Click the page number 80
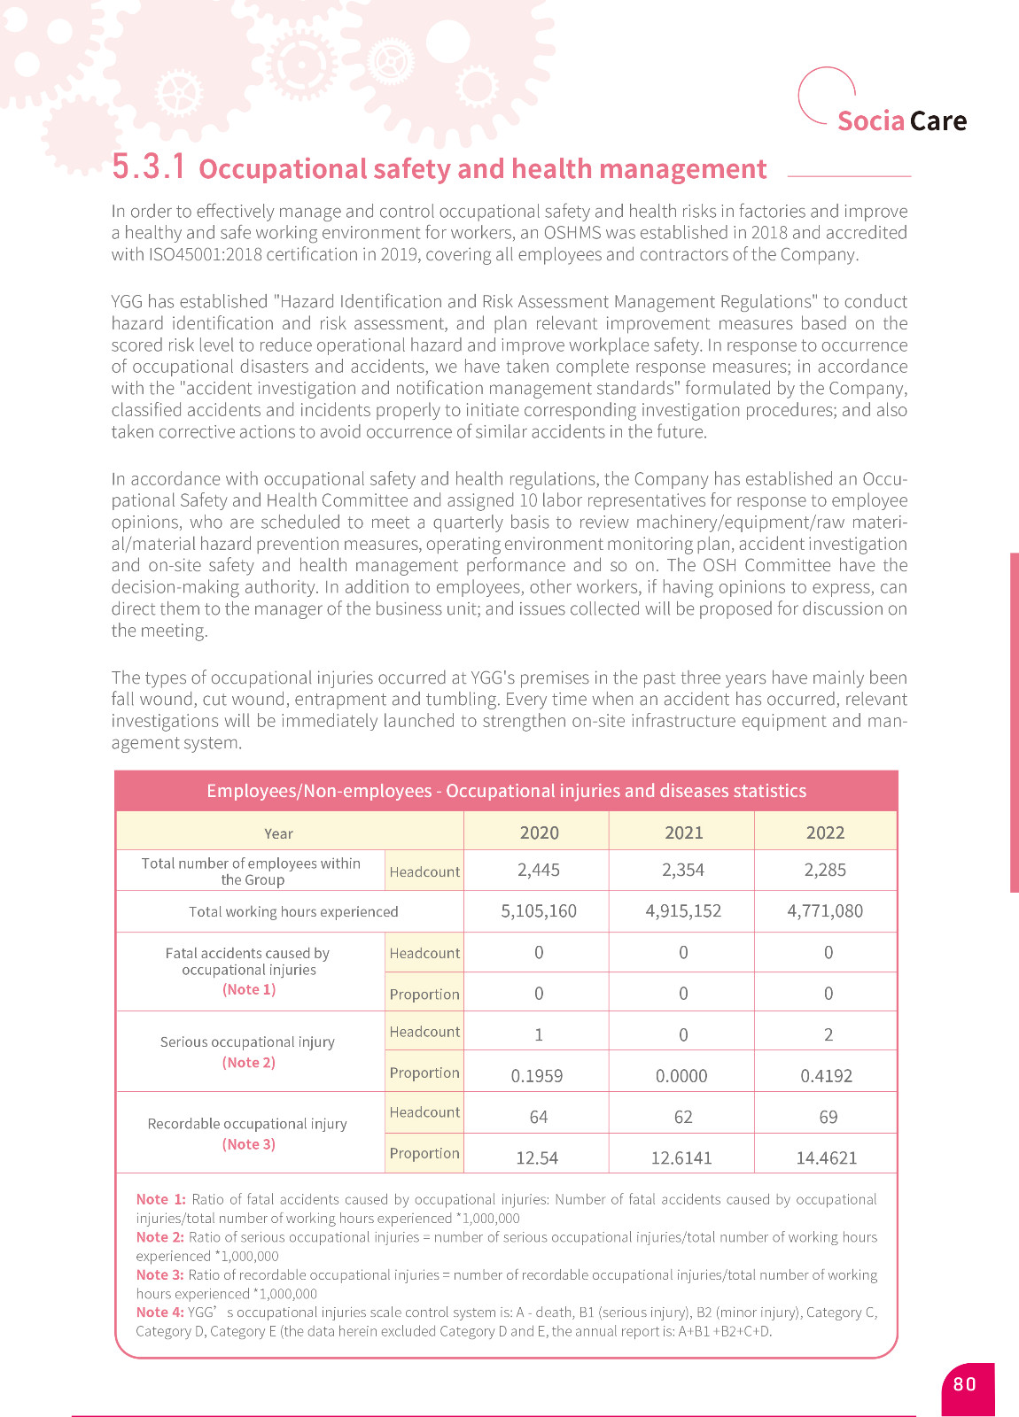pos(965,1384)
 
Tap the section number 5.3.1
pos(149,166)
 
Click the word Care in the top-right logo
pos(938,120)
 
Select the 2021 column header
pos(683,832)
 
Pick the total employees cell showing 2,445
pos(539,870)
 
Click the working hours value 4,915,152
pos(683,910)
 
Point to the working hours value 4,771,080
pos(825,910)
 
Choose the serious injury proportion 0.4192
pos(826,1075)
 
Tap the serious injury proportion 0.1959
pos(537,1075)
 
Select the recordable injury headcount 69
pos(828,1117)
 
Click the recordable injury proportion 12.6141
pos(681,1158)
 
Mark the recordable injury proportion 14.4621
pos(826,1158)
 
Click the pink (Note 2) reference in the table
pos(249,1062)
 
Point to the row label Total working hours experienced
pos(293,911)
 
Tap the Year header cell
pos(278,833)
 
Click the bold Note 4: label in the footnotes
pos(159,1312)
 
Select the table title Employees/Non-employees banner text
pos(506,791)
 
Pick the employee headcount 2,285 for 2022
pos(825,870)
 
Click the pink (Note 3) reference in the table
pos(249,1143)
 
